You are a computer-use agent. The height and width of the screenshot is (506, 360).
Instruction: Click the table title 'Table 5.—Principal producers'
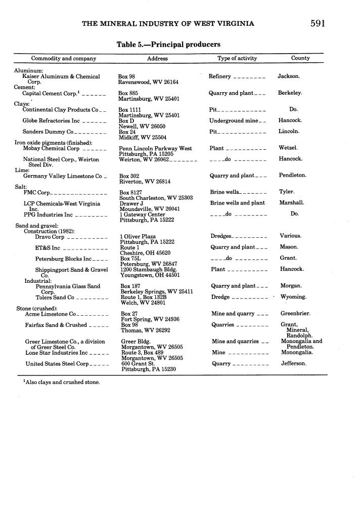pyautogui.click(x=168, y=45)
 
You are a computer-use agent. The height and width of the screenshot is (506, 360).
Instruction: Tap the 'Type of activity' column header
pyautogui.click(x=237, y=59)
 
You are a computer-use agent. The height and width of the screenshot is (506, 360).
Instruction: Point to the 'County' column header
pyautogui.click(x=300, y=58)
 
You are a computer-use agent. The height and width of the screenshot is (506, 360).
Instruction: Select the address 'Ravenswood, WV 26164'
pyautogui.click(x=148, y=82)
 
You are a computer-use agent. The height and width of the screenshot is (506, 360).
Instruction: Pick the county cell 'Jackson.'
pyautogui.click(x=289, y=76)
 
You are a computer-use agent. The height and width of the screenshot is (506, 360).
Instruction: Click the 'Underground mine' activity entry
pyautogui.click(x=234, y=121)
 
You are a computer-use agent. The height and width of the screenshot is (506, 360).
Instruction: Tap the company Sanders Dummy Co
pyautogui.click(x=48, y=132)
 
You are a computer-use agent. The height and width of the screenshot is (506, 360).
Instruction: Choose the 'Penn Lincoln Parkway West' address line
pyautogui.click(x=155, y=149)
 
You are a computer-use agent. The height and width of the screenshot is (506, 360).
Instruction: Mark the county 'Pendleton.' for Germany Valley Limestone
pyautogui.click(x=293, y=176)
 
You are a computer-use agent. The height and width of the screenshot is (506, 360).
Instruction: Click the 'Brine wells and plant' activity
pyautogui.click(x=238, y=203)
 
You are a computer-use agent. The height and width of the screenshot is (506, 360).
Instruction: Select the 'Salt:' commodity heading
pyautogui.click(x=21, y=187)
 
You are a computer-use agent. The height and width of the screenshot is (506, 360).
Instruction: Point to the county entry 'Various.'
pyautogui.click(x=290, y=236)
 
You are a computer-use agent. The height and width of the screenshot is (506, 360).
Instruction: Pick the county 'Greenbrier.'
pyautogui.click(x=295, y=314)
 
